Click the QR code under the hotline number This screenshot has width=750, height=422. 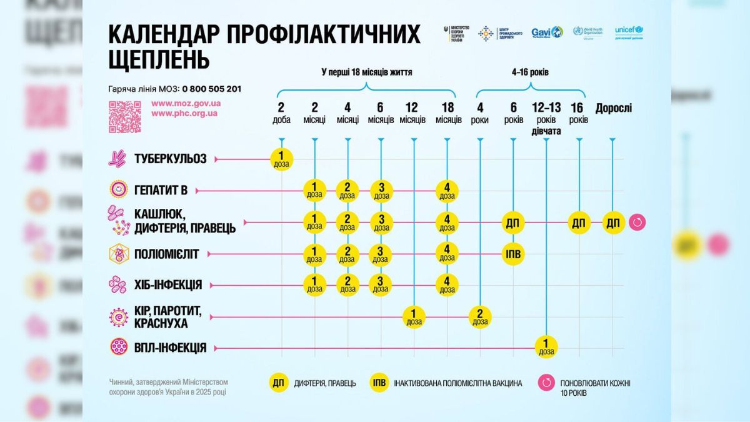point(124,117)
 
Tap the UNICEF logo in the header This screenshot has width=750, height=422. point(629,32)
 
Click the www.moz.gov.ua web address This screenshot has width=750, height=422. point(184,103)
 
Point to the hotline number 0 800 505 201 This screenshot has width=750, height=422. point(212,89)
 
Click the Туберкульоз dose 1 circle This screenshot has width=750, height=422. point(281,159)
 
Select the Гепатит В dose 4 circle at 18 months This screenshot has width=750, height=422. point(447,191)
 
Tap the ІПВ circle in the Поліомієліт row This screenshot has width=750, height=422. point(513,254)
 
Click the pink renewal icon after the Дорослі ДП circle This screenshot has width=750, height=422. point(637,223)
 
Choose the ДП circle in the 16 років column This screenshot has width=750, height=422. point(579,223)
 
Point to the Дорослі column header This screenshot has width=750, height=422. point(613,108)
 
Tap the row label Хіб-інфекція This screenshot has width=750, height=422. point(167,285)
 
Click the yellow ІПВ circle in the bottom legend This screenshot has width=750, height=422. point(379,383)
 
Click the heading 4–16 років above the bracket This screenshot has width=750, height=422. point(530,72)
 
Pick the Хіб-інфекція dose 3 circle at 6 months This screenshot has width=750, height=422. point(381,285)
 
